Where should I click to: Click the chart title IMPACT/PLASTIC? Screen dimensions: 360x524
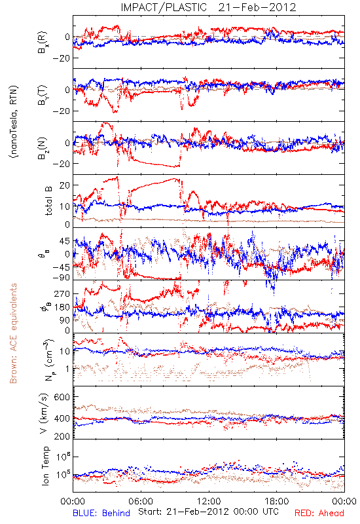pyautogui.click(x=164, y=7)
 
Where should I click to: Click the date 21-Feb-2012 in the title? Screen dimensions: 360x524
pyautogui.click(x=257, y=7)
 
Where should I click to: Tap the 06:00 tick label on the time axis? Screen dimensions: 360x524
pyautogui.click(x=141, y=501)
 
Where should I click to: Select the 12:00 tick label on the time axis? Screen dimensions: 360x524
pyautogui.click(x=209, y=501)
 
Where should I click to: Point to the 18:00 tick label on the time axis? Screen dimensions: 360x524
pyautogui.click(x=277, y=501)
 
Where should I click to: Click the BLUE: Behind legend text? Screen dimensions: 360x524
pyautogui.click(x=101, y=514)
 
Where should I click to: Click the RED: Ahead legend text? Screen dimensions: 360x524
pyautogui.click(x=319, y=514)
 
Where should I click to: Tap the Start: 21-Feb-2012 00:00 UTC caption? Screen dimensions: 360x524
pyautogui.click(x=208, y=512)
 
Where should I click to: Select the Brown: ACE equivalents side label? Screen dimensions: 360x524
pyautogui.click(x=13, y=333)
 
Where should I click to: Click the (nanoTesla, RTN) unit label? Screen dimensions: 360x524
pyautogui.click(x=14, y=121)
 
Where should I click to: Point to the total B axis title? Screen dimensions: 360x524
pyautogui.click(x=48, y=201)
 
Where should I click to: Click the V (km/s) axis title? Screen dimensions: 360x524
pyautogui.click(x=44, y=413)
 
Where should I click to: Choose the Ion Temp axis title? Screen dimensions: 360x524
pyautogui.click(x=45, y=466)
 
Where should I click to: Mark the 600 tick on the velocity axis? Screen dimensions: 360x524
pyautogui.click(x=62, y=397)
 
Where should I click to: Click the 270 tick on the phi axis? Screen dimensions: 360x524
pyautogui.click(x=62, y=293)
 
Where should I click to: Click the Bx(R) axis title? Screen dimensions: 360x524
pyautogui.click(x=43, y=42)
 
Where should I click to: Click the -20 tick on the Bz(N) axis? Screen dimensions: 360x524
pyautogui.click(x=61, y=164)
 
